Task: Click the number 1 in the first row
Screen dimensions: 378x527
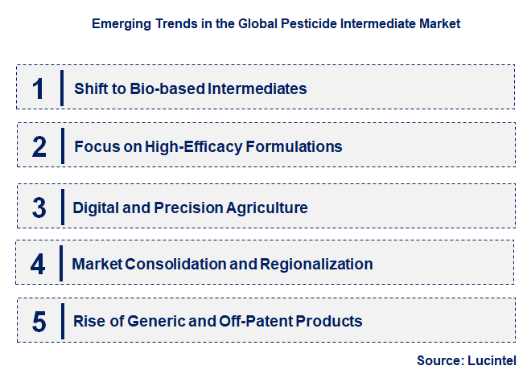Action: pyautogui.click(x=39, y=88)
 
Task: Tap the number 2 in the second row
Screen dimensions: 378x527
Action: pyautogui.click(x=39, y=146)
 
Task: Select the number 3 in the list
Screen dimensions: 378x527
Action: pyautogui.click(x=39, y=207)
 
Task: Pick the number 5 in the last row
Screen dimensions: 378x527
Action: pyautogui.click(x=39, y=322)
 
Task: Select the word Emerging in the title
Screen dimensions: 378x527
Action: pyautogui.click(x=122, y=23)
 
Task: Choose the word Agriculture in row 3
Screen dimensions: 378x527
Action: pyautogui.click(x=268, y=207)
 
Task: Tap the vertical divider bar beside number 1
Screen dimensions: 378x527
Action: pyautogui.click(x=62, y=88)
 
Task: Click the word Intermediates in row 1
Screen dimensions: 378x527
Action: pyautogui.click(x=257, y=88)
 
